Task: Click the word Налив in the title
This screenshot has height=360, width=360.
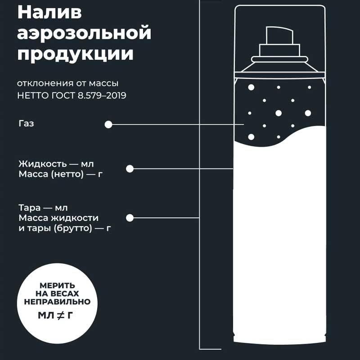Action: click(x=49, y=12)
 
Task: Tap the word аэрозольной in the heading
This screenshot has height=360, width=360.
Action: click(x=84, y=33)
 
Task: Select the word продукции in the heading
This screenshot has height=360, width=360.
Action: click(x=75, y=54)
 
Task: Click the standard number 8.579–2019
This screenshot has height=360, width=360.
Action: click(x=102, y=95)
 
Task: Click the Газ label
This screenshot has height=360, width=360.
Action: click(x=27, y=123)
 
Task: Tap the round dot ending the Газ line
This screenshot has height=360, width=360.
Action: click(x=108, y=125)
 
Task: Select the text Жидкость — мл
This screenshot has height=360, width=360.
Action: click(x=56, y=164)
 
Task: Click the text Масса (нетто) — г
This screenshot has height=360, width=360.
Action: click(x=60, y=174)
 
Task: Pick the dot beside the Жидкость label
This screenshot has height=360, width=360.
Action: click(x=130, y=169)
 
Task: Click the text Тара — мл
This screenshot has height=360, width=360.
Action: click(x=43, y=208)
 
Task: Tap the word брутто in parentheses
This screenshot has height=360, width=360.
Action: click(x=73, y=228)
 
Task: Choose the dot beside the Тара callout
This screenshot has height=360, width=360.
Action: click(x=130, y=218)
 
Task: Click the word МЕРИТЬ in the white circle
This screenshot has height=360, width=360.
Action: click(x=58, y=285)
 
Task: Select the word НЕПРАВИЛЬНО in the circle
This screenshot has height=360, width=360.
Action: click(x=58, y=301)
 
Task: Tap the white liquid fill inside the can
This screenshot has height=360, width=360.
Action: click(x=279, y=229)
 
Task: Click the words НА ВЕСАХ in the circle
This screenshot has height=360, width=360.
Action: click(x=58, y=293)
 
